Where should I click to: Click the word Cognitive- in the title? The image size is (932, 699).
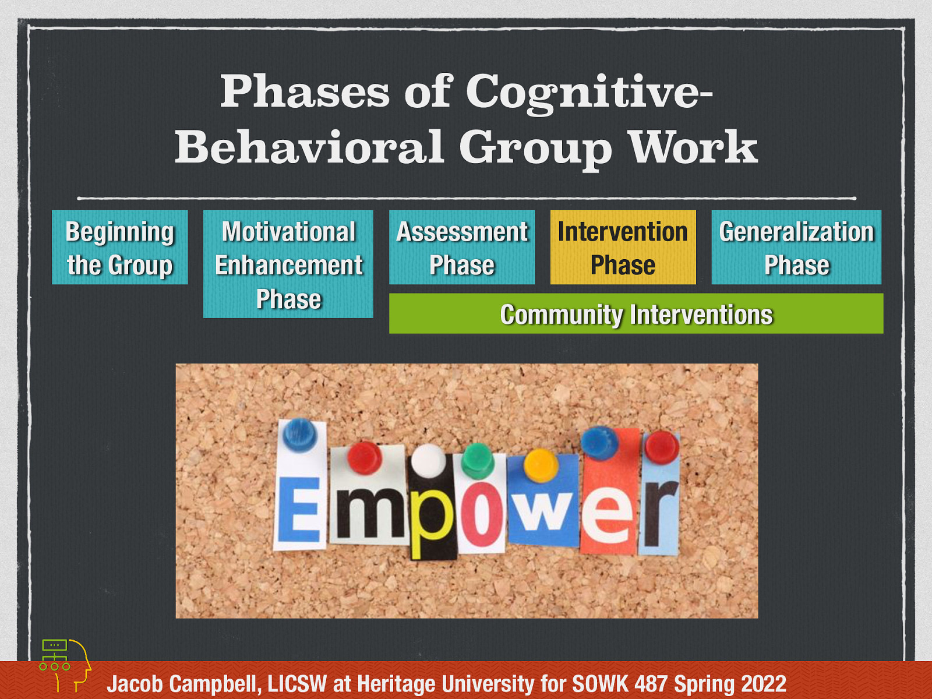tap(589, 92)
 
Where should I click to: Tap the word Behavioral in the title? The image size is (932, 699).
tap(309, 147)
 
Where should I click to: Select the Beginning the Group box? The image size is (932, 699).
tap(120, 248)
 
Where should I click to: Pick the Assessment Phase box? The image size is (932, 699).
tap(462, 248)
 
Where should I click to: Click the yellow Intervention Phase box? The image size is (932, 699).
tap(623, 248)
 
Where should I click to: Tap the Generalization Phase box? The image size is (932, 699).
tap(796, 248)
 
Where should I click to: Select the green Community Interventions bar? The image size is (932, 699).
tap(636, 314)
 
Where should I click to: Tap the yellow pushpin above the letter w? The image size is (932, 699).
tap(541, 464)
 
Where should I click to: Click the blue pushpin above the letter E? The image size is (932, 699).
tap(300, 434)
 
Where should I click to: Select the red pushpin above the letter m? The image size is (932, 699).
tap(364, 456)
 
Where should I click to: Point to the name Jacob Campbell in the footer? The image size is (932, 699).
tap(183, 683)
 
